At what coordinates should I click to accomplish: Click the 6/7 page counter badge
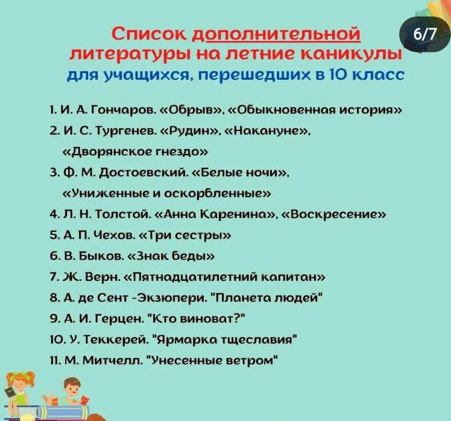click(x=424, y=34)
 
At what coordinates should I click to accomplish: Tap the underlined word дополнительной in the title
click(x=276, y=34)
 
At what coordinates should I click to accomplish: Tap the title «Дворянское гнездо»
click(x=135, y=152)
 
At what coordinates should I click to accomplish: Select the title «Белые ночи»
click(x=239, y=173)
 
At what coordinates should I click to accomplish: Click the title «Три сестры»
click(x=185, y=236)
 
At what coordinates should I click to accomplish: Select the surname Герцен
click(x=119, y=319)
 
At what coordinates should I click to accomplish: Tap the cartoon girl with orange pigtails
click(x=18, y=393)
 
